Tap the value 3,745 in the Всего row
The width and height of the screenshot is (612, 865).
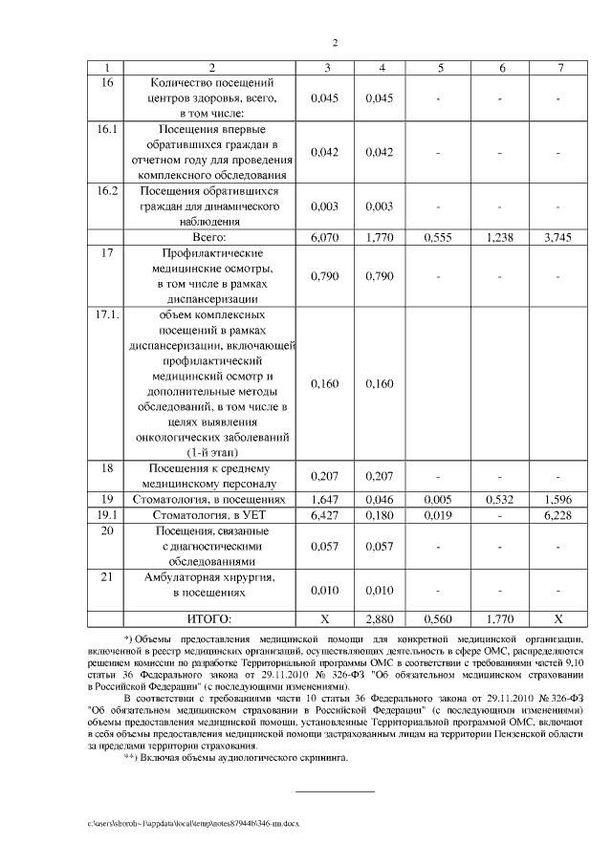coord(557,236)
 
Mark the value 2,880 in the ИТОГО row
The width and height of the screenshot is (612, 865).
coord(382,618)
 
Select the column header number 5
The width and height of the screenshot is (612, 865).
coord(440,67)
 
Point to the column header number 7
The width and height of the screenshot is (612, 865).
coord(557,67)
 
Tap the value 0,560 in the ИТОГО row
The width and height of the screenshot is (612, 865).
coord(440,618)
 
